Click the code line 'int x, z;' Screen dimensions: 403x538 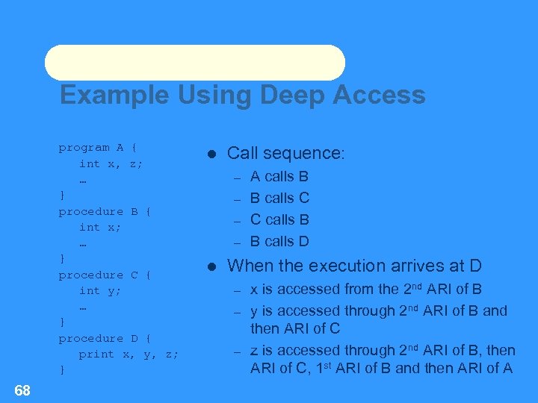click(111, 163)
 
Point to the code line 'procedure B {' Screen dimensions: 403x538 click(105, 211)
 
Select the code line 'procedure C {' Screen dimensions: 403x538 click(105, 275)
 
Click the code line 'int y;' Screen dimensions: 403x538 click(100, 290)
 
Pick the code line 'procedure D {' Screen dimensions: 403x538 click(105, 338)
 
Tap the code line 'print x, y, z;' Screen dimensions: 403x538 click(129, 354)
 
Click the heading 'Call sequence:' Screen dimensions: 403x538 click(286, 154)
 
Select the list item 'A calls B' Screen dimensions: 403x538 click(279, 177)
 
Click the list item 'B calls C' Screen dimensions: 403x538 click(279, 199)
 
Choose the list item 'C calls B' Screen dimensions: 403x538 click(279, 219)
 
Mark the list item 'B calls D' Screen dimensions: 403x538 click(279, 241)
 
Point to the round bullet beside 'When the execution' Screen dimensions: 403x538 click(212, 266)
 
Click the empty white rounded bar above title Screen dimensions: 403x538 click(194, 63)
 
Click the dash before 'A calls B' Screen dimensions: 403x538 click(237, 178)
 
